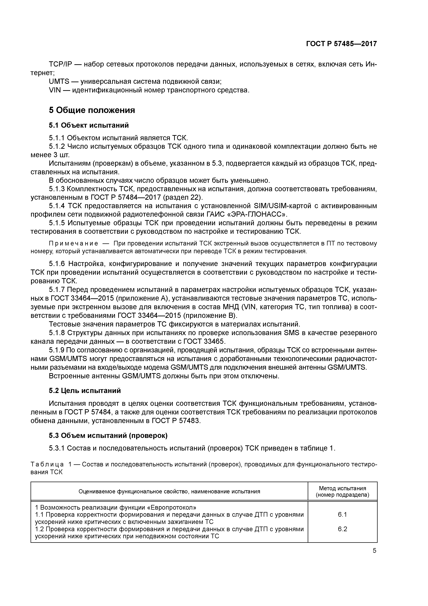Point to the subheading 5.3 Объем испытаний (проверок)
[108, 435]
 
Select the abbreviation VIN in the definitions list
[55, 90]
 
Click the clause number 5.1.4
[57, 206]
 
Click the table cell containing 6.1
[342, 514]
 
